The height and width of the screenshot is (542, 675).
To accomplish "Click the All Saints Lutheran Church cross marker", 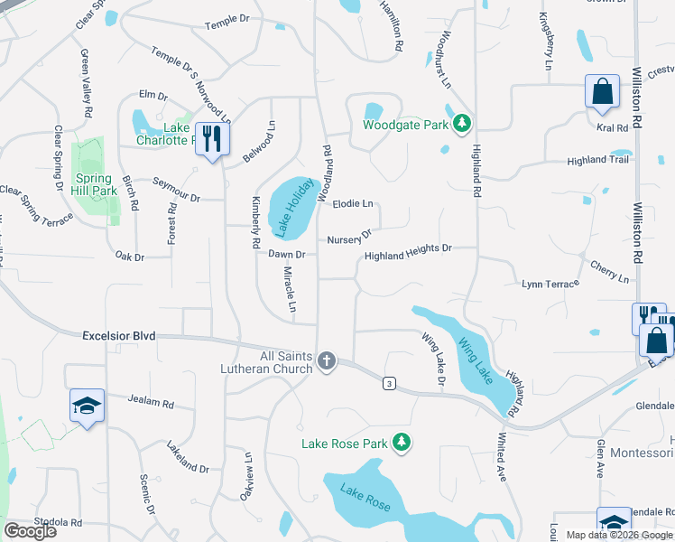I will [x=327, y=362].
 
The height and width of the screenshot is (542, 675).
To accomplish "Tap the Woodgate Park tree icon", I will [x=462, y=123].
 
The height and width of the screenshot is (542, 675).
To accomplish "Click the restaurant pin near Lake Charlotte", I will [x=212, y=139].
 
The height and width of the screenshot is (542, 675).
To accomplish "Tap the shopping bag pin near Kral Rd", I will [x=601, y=91].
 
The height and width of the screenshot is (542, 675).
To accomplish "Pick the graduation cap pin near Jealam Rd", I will [x=88, y=406].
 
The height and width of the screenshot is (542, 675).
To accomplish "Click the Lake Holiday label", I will [x=295, y=208].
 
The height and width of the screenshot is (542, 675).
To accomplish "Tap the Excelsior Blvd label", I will [x=119, y=335].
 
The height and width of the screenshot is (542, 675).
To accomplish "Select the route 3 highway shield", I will [x=389, y=383].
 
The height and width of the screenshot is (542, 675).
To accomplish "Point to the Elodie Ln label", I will [x=353, y=204].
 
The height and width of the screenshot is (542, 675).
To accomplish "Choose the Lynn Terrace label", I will [x=549, y=285].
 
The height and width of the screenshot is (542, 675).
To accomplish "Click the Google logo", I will [x=31, y=531].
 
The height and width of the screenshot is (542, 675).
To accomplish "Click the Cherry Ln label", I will [x=610, y=272].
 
